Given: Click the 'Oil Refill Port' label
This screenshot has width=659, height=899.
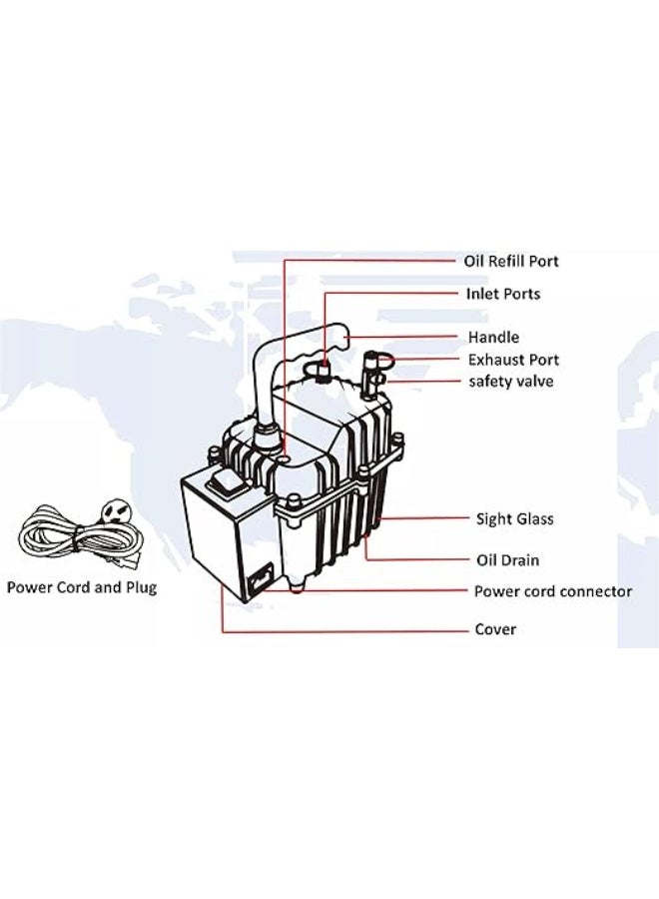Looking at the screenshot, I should [x=510, y=261].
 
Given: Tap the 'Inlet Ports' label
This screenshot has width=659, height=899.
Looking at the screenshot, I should [x=502, y=294].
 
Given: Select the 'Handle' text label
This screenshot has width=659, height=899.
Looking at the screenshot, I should [x=493, y=338].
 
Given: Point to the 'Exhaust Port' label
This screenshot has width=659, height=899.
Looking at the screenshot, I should [x=513, y=360].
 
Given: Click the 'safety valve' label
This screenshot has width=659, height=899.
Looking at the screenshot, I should [x=511, y=382].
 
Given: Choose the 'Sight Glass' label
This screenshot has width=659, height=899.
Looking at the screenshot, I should [x=514, y=518].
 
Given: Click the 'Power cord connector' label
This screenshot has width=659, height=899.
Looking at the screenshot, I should [x=552, y=591].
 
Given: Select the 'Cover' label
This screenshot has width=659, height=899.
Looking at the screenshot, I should [x=495, y=630].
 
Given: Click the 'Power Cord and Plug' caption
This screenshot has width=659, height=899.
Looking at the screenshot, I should [x=82, y=587].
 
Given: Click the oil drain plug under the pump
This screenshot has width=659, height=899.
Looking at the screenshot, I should [x=297, y=588].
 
